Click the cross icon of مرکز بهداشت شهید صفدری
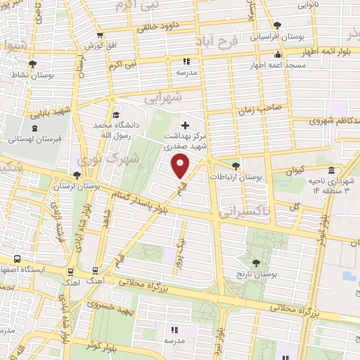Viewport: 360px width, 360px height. coord(185,125)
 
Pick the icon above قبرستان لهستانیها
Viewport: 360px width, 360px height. coord(34,128)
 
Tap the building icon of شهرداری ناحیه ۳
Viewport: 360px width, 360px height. coord(330,170)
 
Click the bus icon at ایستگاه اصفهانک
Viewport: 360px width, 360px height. coord(17,259)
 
